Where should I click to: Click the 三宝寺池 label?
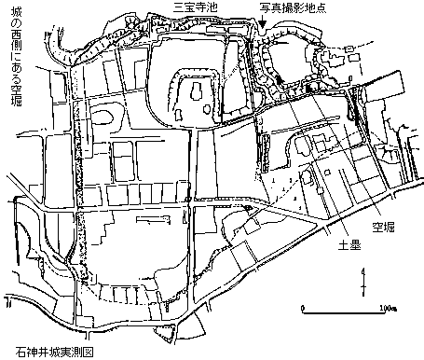195,7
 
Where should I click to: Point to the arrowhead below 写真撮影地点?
263,23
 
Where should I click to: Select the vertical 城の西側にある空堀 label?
16,58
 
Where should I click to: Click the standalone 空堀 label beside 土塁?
383,228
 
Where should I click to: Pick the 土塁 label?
349,245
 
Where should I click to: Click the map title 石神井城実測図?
54,352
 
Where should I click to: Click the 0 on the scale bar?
303,308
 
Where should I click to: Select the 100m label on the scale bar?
388,308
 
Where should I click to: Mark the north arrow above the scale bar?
363,282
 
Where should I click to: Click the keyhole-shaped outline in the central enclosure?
197,90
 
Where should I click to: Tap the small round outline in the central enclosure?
207,109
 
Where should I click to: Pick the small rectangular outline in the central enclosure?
179,115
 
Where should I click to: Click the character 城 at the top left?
16,13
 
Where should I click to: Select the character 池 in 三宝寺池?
212,7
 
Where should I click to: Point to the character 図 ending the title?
88,352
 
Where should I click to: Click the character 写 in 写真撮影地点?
266,7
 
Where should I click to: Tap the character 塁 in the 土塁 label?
355,245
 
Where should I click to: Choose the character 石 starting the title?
21,352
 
